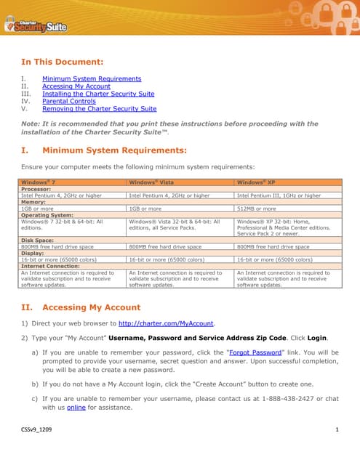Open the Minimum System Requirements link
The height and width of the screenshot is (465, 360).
[x=92, y=78]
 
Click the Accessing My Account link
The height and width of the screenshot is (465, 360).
[x=76, y=86]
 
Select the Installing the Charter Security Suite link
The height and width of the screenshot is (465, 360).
[x=98, y=94]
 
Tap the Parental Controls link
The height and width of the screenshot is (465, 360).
[x=68, y=101]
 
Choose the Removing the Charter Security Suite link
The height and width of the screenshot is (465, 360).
[x=99, y=109]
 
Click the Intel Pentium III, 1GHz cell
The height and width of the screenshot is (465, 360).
[x=279, y=195]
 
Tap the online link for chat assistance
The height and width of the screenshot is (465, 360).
[x=76, y=408]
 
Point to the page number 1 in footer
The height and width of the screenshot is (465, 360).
[x=337, y=432]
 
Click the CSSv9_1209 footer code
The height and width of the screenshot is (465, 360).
[x=36, y=432]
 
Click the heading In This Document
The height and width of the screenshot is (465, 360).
[x=62, y=62]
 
